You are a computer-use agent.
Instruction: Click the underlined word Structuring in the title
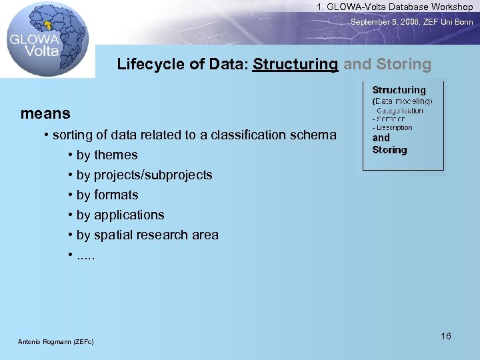pyautogui.click(x=295, y=65)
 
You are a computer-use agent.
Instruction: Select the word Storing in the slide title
pyautogui.click(x=403, y=65)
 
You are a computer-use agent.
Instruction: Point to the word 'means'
pyautogui.click(x=45, y=113)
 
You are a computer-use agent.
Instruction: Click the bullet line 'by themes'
pyautogui.click(x=107, y=155)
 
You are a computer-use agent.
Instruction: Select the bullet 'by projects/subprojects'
pyautogui.click(x=144, y=175)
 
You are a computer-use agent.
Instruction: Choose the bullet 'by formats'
pyautogui.click(x=107, y=195)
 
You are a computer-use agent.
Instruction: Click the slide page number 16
pyautogui.click(x=445, y=336)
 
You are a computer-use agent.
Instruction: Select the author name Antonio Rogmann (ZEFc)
pyautogui.click(x=55, y=342)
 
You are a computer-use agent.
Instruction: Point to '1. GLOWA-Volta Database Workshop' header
pyautogui.click(x=395, y=7)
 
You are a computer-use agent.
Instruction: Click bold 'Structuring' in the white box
pyautogui.click(x=399, y=90)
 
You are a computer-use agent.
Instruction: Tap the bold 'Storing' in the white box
pyautogui.click(x=389, y=150)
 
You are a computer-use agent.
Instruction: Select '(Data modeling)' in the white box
pyautogui.click(x=402, y=101)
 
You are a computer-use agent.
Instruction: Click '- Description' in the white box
pyautogui.click(x=393, y=127)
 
